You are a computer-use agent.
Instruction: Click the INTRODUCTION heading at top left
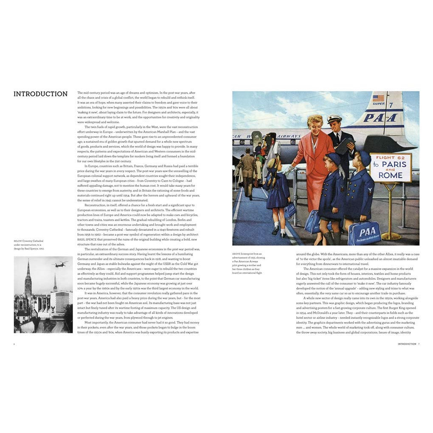40,94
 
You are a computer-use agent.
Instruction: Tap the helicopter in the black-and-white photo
60,264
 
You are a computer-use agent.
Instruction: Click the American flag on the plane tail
378,98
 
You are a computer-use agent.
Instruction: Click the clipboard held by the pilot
345,145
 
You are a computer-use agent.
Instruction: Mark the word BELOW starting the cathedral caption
18,241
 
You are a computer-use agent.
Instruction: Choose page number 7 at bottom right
419,344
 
